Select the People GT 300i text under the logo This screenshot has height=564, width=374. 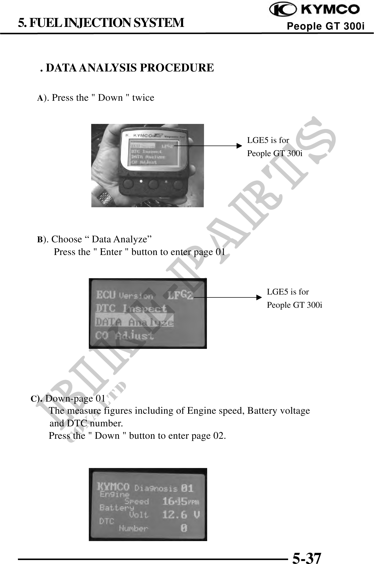pos(326,26)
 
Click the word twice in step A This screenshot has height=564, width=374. pos(143,98)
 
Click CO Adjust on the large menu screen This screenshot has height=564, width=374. pos(124,336)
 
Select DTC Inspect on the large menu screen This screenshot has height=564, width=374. pos(131,308)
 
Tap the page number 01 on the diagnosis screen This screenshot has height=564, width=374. pos(187,488)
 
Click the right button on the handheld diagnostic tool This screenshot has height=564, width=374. pos(177,184)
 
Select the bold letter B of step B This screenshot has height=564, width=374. pos(40,240)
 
